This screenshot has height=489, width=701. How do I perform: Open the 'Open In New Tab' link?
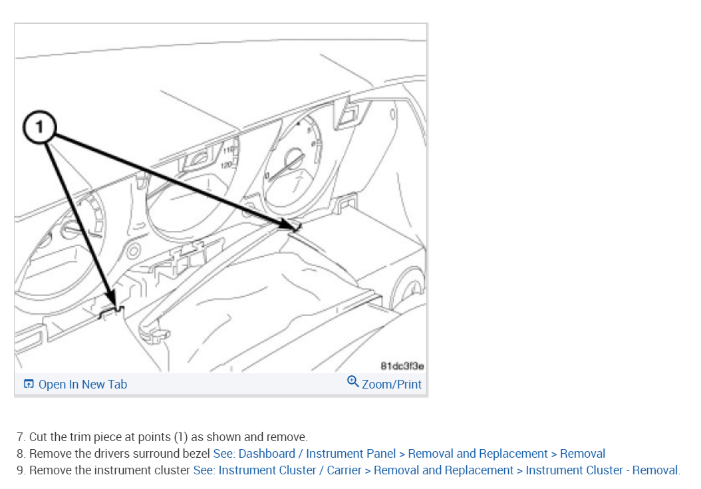[x=82, y=385]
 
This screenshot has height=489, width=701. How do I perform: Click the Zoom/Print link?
[x=392, y=385]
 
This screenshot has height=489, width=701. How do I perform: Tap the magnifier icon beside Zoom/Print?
[x=353, y=382]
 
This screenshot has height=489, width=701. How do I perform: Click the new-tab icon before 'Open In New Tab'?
[x=29, y=385]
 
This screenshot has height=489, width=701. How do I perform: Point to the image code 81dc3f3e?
[x=402, y=366]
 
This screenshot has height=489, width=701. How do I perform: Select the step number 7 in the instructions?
[x=20, y=437]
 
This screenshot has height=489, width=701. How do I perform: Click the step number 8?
[x=20, y=454]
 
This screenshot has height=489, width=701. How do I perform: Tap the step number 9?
[x=20, y=470]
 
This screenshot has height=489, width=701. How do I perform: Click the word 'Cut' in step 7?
[x=38, y=437]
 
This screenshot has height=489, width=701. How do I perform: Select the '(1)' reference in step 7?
[x=181, y=437]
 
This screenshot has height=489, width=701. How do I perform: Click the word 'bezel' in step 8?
[x=196, y=454]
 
